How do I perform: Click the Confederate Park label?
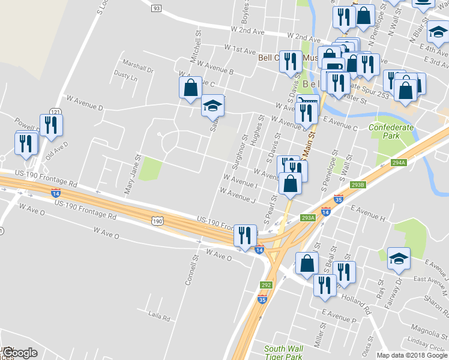tap(391, 131)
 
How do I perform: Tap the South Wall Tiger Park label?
tap(283, 352)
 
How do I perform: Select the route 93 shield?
tap(156, 8)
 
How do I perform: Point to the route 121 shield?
tap(55, 112)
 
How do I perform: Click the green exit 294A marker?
tap(399, 162)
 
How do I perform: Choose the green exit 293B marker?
tap(358, 185)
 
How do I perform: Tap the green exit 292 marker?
tap(266, 285)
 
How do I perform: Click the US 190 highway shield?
tap(157, 221)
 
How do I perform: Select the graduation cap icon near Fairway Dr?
tap(399, 258)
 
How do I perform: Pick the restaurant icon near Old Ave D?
tap(51, 124)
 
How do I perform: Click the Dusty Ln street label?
tap(125, 77)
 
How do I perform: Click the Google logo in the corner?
tap(19, 353)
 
